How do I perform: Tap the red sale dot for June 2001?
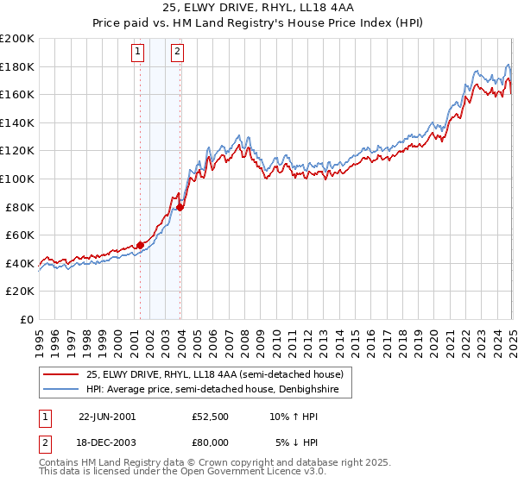click(140, 245)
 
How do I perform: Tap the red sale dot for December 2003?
click(180, 206)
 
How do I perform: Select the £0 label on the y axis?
click(26, 319)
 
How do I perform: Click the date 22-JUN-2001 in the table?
click(107, 416)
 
